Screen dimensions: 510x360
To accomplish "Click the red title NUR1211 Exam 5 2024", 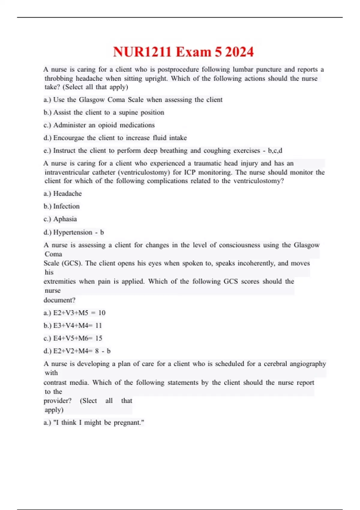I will point(183,52).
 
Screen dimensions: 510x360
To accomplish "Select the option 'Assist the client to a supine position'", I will point(108,112).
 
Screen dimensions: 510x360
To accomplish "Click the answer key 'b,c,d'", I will point(275,151).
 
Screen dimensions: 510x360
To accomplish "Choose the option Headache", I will point(67,194).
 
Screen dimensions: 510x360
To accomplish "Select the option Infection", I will point(66,206).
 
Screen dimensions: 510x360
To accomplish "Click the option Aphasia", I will point(65,219).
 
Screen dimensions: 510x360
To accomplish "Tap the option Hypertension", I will point(73,232).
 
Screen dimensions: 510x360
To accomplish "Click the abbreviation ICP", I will point(190,172).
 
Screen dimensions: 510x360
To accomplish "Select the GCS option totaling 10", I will point(79,313).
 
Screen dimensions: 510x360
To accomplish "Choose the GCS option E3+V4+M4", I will point(77,325).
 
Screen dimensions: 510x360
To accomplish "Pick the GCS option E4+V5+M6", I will point(77,338).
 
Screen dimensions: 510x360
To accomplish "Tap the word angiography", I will point(307,364).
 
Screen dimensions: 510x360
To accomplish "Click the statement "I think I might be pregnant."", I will point(98,423).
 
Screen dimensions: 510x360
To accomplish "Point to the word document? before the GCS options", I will point(59,300).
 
